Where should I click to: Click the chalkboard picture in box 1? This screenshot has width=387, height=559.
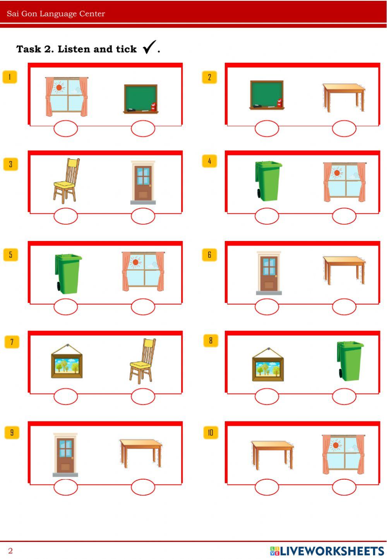pos(141,99)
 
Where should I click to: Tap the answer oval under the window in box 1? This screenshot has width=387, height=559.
pos(65,129)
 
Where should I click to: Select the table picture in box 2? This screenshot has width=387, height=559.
pos(344,98)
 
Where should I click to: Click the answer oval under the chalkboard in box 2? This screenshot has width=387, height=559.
pos(267,129)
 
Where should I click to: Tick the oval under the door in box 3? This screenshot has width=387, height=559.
pos(143,216)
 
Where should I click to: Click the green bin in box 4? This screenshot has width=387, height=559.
pos(268,181)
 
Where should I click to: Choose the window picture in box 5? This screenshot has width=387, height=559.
pos(143,271)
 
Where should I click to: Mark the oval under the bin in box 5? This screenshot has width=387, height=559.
pos(65,307)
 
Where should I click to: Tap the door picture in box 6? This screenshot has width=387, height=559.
pos(269,273)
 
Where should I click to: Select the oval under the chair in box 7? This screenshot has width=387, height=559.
pos(143,397)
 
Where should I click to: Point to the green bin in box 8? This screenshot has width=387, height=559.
pos(350,361)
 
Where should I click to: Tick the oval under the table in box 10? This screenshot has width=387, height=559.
pos(267,487)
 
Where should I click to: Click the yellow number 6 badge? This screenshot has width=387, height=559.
pos(209,255)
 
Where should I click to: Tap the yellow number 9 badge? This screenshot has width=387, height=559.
pos(12,432)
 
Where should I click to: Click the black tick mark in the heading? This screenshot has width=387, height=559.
pos(149,46)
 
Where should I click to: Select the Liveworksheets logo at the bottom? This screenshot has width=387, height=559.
pos(327,551)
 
